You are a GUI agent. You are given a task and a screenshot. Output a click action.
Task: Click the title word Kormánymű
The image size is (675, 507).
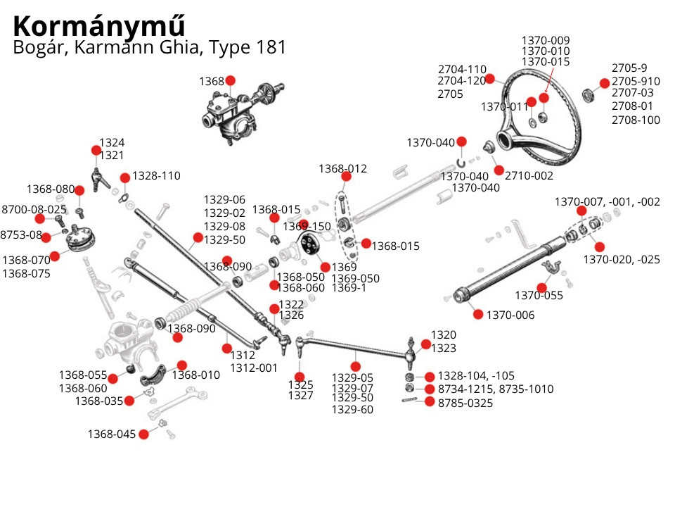[99, 26]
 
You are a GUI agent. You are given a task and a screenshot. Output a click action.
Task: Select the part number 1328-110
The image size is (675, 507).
[156, 175]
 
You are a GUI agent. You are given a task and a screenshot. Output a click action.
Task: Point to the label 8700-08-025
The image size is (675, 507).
[34, 209]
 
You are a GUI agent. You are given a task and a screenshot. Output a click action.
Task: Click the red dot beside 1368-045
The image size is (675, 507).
[144, 434]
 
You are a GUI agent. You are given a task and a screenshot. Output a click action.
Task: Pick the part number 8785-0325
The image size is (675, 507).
[465, 403]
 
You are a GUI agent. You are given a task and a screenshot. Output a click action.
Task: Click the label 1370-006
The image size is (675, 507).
[510, 315]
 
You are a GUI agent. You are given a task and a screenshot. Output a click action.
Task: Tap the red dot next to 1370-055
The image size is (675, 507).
[542, 287]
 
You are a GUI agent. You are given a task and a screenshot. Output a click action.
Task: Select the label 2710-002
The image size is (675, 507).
[529, 175]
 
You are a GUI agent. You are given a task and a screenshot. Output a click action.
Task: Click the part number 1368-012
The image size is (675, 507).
[342, 169]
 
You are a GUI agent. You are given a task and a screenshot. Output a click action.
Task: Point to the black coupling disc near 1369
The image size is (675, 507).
[307, 246]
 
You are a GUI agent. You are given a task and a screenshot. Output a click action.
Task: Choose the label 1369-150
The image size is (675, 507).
[307, 227]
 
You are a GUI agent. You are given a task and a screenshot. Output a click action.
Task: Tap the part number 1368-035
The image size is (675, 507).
[99, 401]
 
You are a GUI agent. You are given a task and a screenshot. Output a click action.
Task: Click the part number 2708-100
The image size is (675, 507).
[636, 120]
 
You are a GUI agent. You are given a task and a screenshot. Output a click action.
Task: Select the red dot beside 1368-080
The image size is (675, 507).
[79, 190]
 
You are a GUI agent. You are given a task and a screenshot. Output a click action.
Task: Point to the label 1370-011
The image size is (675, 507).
[504, 106]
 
